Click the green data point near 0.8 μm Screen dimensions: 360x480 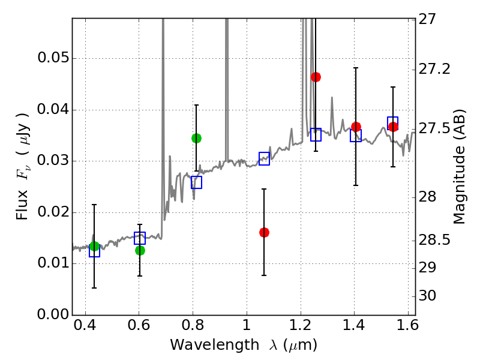pyautogui.click(x=196, y=138)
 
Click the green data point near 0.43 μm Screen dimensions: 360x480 pyautogui.click(x=94, y=247)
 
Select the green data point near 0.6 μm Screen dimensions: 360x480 pyautogui.click(x=140, y=250)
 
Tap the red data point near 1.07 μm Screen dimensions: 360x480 pyautogui.click(x=264, y=232)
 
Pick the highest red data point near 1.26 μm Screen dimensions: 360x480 pyautogui.click(x=316, y=77)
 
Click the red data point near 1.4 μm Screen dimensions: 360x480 pyautogui.click(x=356, y=127)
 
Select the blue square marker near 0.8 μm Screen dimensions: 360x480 pyautogui.click(x=196, y=182)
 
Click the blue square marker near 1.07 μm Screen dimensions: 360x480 pyautogui.click(x=264, y=158)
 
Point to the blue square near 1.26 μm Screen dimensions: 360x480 pyautogui.click(x=316, y=134)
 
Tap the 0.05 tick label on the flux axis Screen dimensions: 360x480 pyautogui.click(x=52, y=59)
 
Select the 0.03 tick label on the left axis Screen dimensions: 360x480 pyautogui.click(x=52, y=161)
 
